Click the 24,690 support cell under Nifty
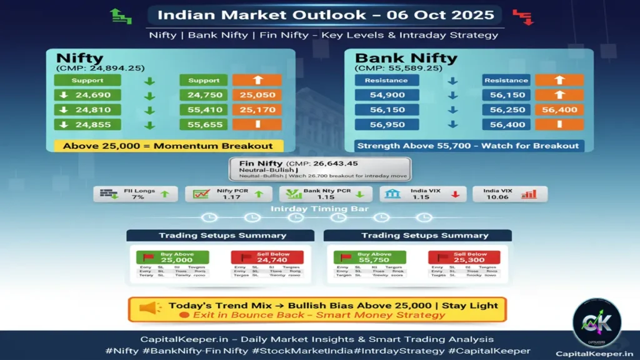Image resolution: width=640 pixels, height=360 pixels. (x=87, y=96)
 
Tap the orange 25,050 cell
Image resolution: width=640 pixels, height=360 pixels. (x=257, y=96)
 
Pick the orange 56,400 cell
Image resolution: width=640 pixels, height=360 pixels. (x=559, y=109)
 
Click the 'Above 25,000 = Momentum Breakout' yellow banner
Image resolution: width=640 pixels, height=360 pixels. (x=167, y=146)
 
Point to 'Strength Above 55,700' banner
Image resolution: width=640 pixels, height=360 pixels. (x=467, y=146)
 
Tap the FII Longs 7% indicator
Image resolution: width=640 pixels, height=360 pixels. (x=136, y=194)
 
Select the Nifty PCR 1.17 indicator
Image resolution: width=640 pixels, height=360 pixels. (x=227, y=194)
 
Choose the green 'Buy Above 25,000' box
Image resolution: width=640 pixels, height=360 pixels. (x=172, y=257)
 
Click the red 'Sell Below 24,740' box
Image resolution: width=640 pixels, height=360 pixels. (x=267, y=257)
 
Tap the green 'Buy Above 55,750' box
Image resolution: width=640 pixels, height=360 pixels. (x=369, y=257)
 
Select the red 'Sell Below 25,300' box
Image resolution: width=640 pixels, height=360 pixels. (x=464, y=257)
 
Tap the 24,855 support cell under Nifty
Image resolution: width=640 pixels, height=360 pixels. (x=87, y=124)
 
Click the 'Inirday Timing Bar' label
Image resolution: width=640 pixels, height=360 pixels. (x=319, y=209)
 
